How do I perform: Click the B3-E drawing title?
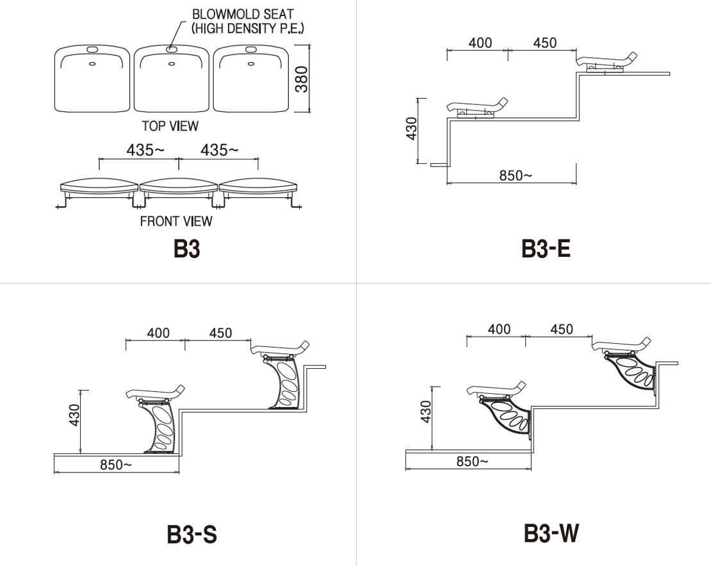tap(546, 248)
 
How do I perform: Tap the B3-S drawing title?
tap(192, 534)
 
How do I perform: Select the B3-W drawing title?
tap(551, 533)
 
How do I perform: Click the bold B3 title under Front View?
tap(186, 248)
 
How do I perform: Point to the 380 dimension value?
tap(302, 79)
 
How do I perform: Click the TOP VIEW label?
tap(170, 126)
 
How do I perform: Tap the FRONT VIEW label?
tap(176, 221)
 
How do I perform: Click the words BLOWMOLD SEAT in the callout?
tap(243, 14)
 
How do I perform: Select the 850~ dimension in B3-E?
tap(516, 175)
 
